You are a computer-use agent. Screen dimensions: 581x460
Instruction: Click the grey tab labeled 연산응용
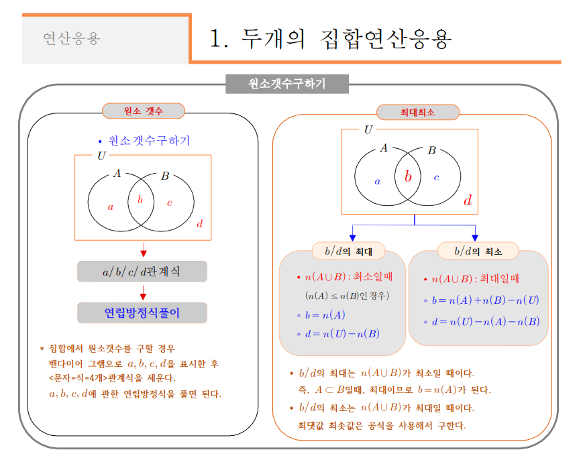pos(105,39)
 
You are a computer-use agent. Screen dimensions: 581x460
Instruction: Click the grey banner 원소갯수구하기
pos(287,84)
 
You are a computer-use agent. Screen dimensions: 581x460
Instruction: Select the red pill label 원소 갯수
pos(144,111)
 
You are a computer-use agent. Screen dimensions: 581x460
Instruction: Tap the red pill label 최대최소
pos(417,112)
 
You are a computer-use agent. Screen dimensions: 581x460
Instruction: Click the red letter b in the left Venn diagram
pos(140,200)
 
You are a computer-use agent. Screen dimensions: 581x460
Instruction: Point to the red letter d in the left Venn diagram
pos(200,223)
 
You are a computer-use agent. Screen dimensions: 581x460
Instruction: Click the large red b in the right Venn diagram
pos(408,176)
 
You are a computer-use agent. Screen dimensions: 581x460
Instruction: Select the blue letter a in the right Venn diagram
pos(377,182)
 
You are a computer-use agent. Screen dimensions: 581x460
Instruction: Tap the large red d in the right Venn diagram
pos(468,200)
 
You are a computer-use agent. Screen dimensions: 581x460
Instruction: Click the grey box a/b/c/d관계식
pos(142,272)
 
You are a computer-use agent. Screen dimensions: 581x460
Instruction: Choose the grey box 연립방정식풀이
pos(142,313)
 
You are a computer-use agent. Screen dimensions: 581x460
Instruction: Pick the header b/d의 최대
pos(348,251)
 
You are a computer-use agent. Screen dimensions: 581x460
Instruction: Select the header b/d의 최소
pos(478,251)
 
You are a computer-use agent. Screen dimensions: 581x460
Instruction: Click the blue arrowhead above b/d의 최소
pos(475,238)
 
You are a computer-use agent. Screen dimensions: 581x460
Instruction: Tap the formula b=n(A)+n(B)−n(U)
pos(486,300)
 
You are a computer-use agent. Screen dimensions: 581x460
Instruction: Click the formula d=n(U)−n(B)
pos(342,334)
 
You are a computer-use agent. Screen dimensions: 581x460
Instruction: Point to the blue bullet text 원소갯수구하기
pos(149,141)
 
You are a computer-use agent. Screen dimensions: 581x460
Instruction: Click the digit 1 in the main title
pos(215,39)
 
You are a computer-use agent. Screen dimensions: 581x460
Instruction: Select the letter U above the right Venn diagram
pos(368,129)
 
